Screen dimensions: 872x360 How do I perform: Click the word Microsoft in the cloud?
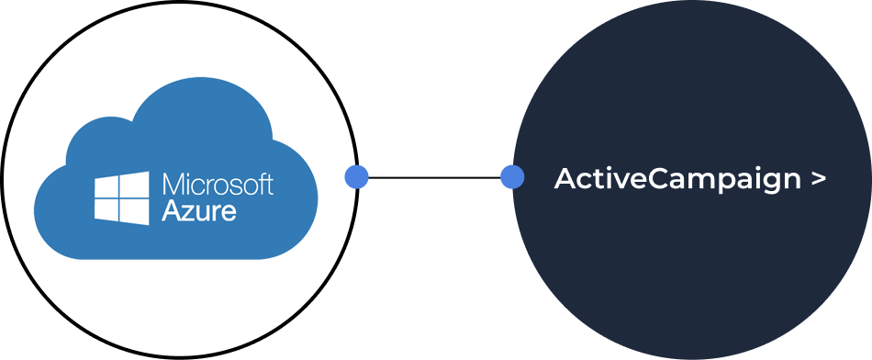[218, 184]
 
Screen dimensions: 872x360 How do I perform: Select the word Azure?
[199, 210]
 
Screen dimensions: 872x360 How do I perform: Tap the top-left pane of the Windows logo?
[108, 185]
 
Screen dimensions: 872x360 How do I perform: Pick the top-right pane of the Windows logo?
[134, 183]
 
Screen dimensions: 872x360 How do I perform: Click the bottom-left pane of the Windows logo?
[108, 209]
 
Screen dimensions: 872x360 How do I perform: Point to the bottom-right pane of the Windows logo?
[134, 211]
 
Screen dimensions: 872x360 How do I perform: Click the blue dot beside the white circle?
[356, 177]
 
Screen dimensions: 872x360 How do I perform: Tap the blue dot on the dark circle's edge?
[512, 177]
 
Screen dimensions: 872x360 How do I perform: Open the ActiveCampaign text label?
[677, 179]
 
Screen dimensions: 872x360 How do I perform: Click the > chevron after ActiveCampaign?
[819, 179]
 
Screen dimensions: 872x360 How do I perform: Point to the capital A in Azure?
[171, 210]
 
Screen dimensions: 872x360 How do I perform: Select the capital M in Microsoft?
[173, 184]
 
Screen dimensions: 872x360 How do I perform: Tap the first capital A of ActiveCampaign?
[565, 179]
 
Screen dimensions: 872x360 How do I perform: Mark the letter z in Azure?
[187, 212]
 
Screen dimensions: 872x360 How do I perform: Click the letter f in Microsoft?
[261, 183]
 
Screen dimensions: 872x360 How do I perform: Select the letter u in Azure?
[203, 212]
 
